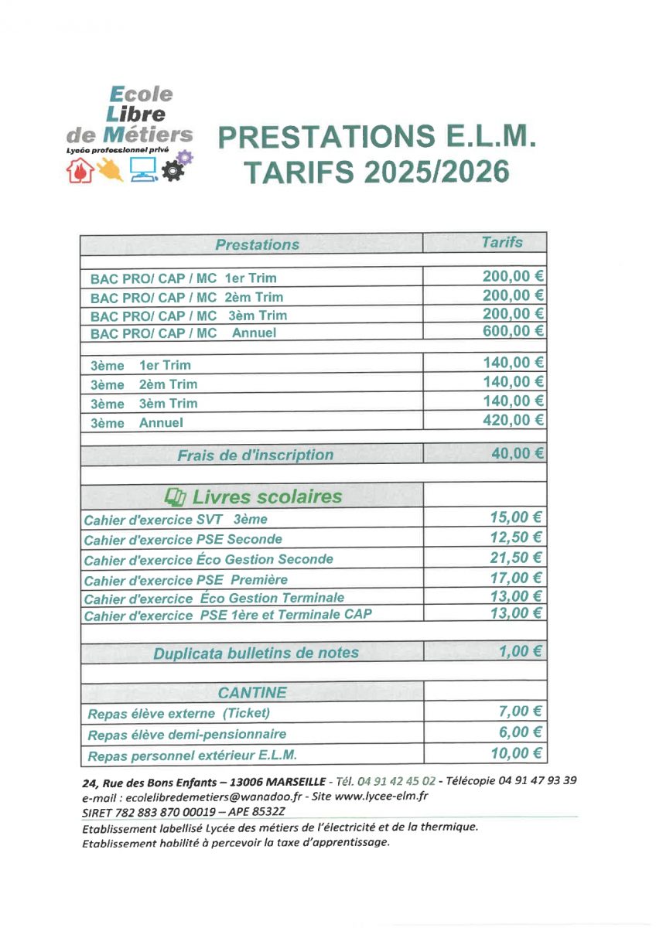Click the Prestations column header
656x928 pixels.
257,244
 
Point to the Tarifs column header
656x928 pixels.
501,243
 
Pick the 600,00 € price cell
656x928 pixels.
513,331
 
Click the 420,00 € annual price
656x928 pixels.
513,420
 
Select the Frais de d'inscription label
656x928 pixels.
255,455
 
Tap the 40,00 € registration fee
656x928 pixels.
517,453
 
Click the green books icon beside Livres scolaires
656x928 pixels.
176,496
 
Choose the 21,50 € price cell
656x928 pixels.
517,558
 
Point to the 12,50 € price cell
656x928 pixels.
517,537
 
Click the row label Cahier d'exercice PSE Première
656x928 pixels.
186,579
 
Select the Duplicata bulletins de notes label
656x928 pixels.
256,653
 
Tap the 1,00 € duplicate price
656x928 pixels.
520,651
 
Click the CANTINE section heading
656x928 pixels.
252,692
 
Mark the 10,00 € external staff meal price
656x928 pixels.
517,753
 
